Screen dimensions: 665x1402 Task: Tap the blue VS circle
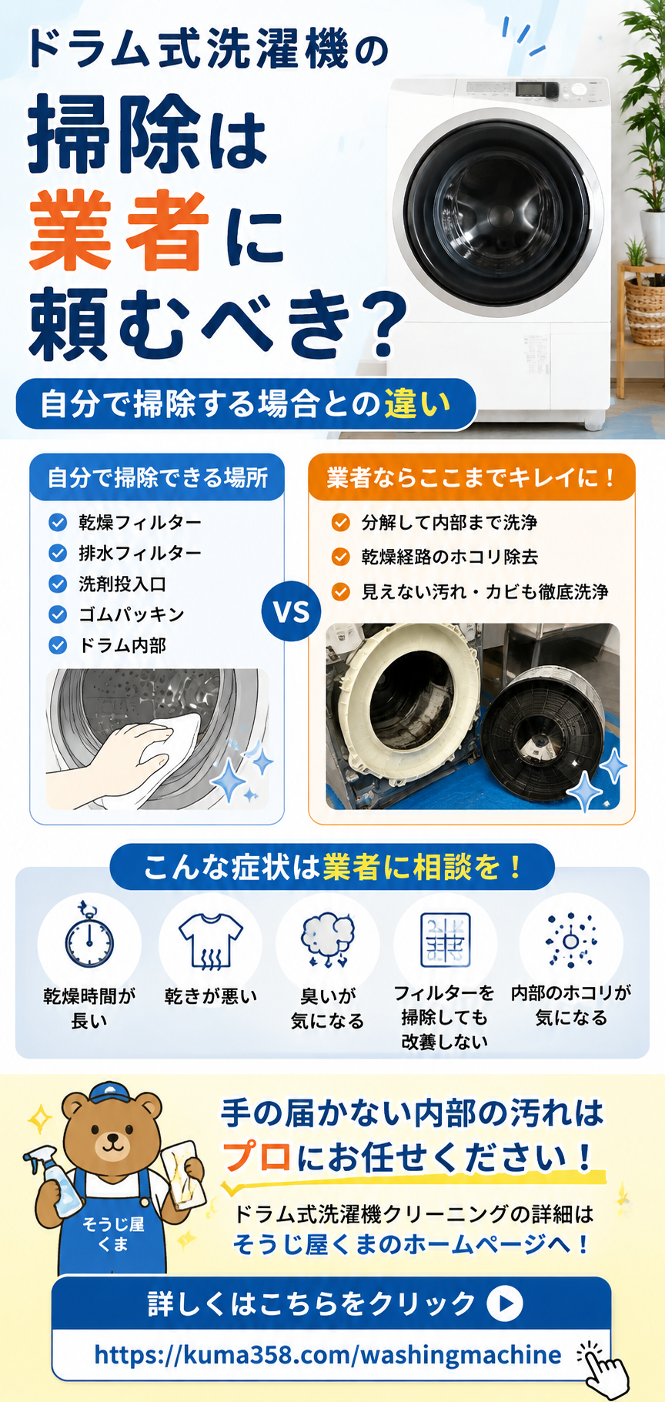[x=292, y=613]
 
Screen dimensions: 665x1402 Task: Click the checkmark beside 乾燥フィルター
[x=58, y=523]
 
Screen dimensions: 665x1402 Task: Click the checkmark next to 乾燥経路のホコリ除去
[x=340, y=557]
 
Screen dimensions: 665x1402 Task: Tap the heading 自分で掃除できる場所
[x=158, y=477]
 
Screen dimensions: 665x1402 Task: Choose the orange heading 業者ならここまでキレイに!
[x=471, y=477]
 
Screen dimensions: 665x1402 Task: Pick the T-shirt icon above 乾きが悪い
[x=210, y=940]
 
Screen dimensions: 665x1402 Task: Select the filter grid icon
[x=445, y=940]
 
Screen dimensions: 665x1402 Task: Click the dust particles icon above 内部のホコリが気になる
[x=570, y=940]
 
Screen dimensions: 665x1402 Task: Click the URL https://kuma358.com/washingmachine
[x=328, y=1354]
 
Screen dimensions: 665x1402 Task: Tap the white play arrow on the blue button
[x=505, y=1303]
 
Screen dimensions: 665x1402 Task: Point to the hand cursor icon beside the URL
[x=603, y=1368]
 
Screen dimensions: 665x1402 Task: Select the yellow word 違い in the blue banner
[x=417, y=403]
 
